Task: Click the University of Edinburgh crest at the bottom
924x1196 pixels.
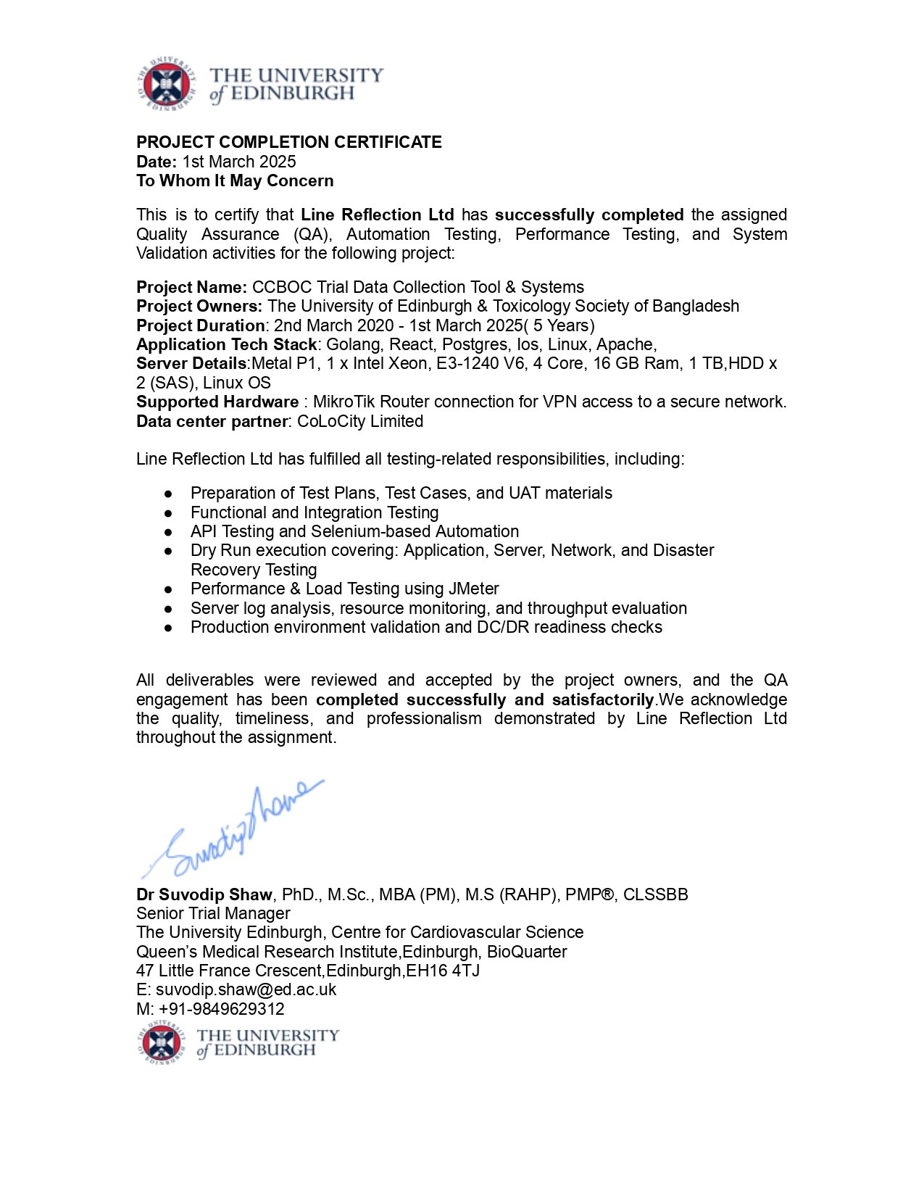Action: (162, 1043)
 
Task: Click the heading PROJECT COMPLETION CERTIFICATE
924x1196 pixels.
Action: (289, 142)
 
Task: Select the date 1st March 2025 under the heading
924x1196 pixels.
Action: (239, 162)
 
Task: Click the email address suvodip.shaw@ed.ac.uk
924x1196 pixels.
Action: (246, 989)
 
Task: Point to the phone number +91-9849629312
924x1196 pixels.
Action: (222, 1009)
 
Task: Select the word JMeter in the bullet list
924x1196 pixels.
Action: (473, 589)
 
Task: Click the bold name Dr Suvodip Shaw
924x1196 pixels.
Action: (204, 894)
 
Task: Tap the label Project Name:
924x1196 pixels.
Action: (191, 287)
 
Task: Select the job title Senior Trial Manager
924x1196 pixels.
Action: (213, 913)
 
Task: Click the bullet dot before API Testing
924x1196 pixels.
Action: (168, 532)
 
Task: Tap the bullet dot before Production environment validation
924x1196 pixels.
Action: (168, 628)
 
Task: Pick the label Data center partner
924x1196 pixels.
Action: (212, 421)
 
